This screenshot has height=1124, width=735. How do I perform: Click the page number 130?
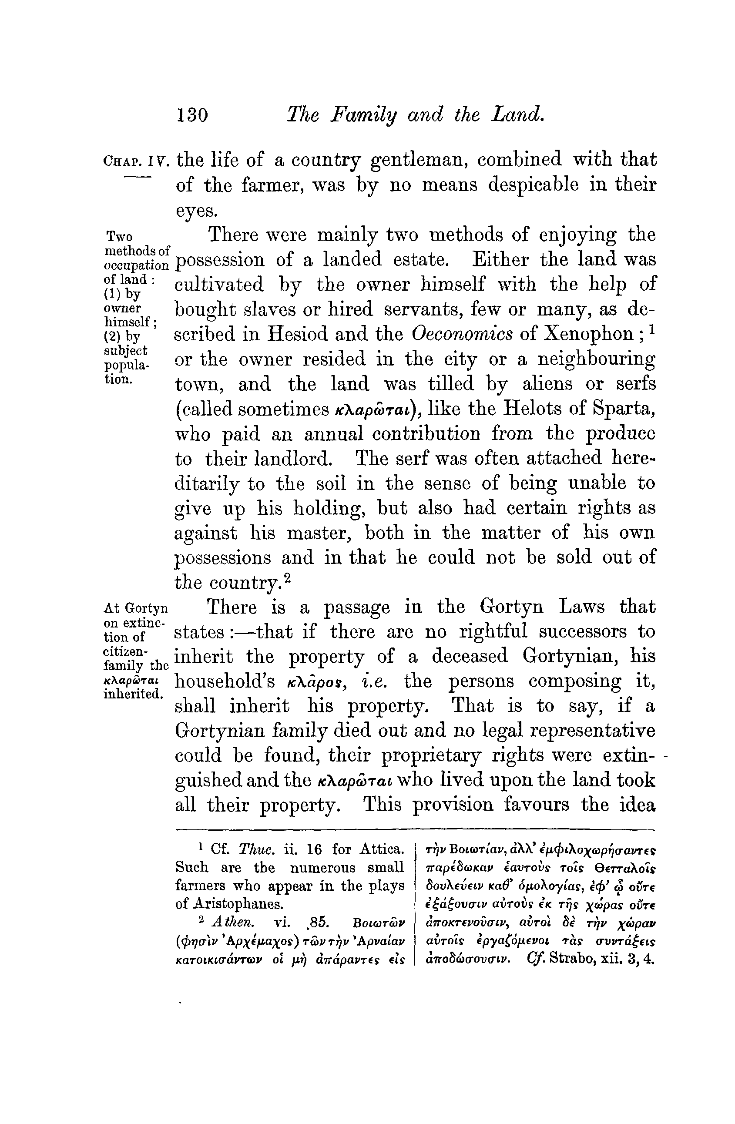click(x=192, y=115)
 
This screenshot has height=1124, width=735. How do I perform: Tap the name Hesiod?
click(x=299, y=334)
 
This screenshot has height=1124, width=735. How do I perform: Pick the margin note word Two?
click(x=120, y=236)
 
